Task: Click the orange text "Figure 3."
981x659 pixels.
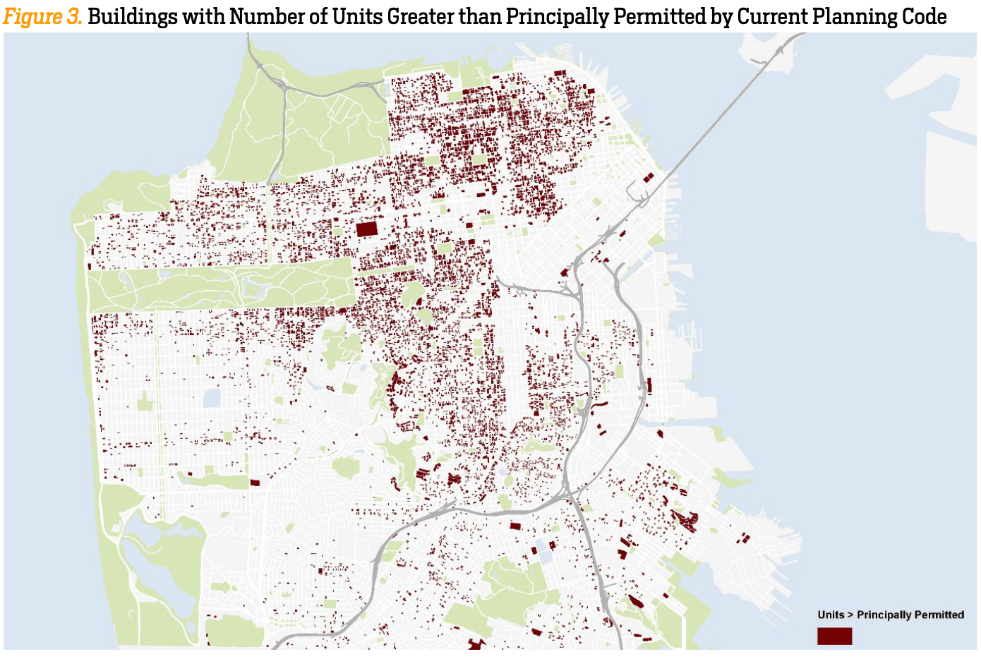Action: [x=42, y=16]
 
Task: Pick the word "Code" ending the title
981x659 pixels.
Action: [x=924, y=16]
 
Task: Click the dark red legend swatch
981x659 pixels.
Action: [x=834, y=636]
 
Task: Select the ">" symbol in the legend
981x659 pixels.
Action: [x=850, y=615]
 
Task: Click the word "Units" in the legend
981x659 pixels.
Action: [x=831, y=615]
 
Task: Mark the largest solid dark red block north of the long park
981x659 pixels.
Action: [x=367, y=229]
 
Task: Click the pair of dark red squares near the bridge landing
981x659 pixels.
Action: [x=649, y=177]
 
